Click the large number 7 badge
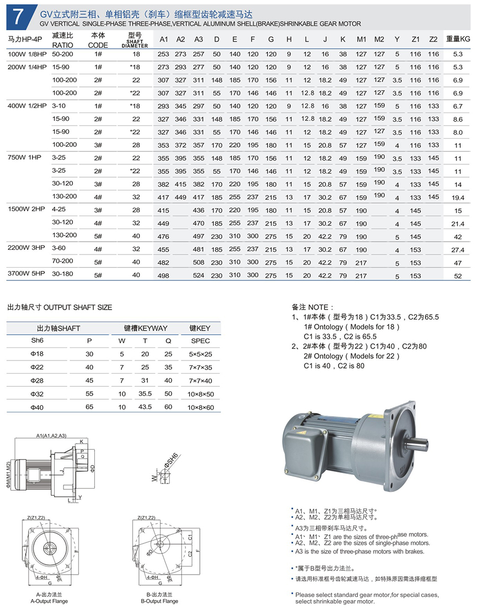(x=17, y=16)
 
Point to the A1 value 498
(x=163, y=276)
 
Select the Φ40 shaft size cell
(x=37, y=407)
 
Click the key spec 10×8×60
(x=200, y=407)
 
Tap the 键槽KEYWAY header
(x=145, y=328)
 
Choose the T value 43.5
(x=145, y=407)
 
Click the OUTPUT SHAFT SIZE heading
(x=59, y=307)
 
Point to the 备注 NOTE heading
(x=313, y=307)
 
